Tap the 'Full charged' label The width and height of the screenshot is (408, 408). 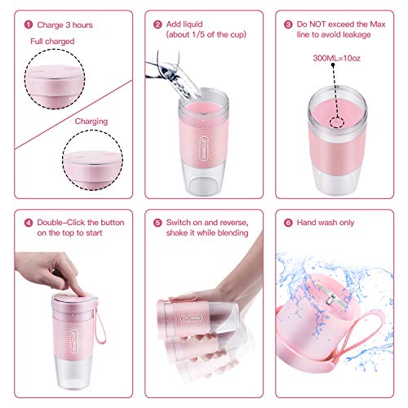[x=52, y=41]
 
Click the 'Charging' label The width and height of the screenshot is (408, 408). [x=91, y=121]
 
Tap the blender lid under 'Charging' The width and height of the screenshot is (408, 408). [x=91, y=161]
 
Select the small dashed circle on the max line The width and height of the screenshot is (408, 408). [x=335, y=120]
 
